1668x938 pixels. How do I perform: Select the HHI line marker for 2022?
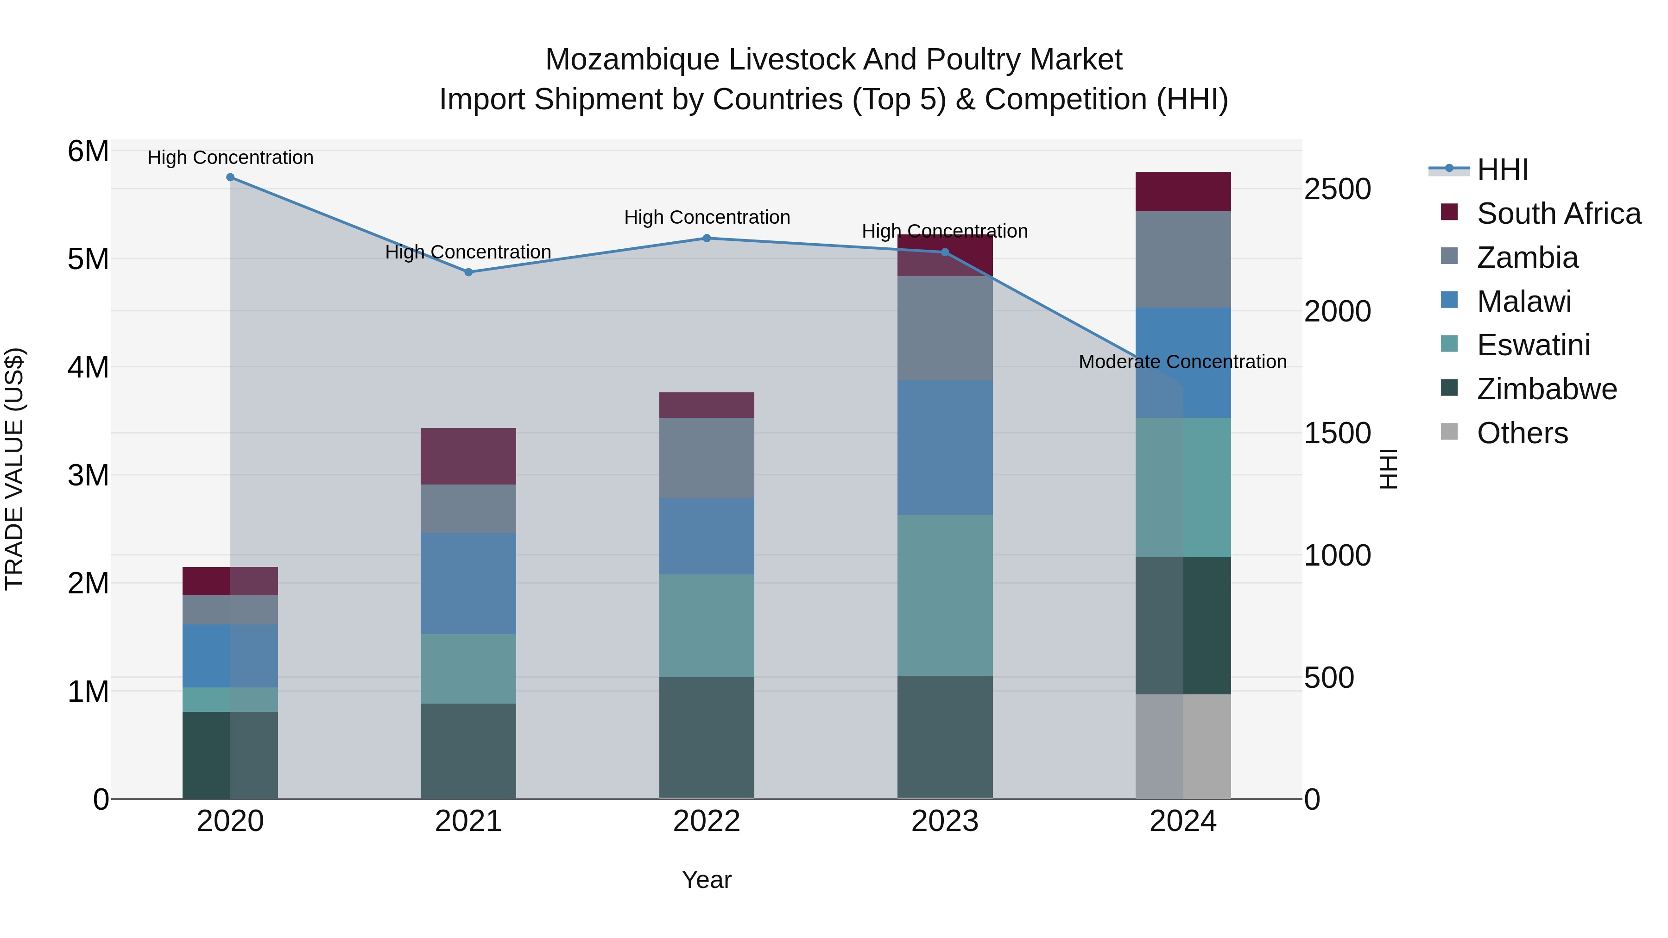(x=707, y=238)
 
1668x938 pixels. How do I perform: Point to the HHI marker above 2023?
(x=945, y=252)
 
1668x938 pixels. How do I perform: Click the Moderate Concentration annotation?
(x=1182, y=362)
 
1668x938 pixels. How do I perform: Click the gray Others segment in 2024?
(x=1183, y=746)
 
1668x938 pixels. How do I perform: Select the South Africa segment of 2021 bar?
(x=468, y=456)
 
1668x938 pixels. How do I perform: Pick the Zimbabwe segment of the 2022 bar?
(x=707, y=737)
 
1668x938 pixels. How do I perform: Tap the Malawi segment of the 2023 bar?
(x=945, y=447)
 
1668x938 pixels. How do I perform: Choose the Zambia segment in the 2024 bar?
(x=1183, y=259)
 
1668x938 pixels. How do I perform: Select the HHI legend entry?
(x=1502, y=170)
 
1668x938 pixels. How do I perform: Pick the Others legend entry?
(x=1522, y=433)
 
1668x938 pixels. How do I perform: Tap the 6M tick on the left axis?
(x=88, y=151)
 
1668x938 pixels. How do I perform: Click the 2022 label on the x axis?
(x=707, y=821)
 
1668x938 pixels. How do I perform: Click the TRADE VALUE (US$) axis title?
(x=14, y=469)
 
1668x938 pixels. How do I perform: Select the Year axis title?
(x=707, y=880)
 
